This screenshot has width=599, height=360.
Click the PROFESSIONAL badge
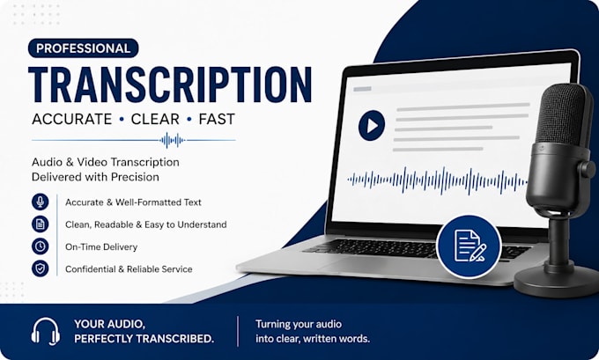pyautogui.click(x=84, y=48)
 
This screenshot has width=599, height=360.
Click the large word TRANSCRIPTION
pyautogui.click(x=170, y=84)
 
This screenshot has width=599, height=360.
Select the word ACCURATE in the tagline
pyautogui.click(x=72, y=119)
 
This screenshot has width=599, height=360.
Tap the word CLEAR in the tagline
pyautogui.click(x=155, y=119)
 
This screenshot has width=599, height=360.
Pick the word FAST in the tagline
pyautogui.click(x=217, y=119)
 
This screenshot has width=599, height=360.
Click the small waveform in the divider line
pyautogui.click(x=173, y=141)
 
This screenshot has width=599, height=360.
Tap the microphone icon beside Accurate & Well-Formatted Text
pyautogui.click(x=41, y=202)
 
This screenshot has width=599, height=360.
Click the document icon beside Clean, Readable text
pyautogui.click(x=41, y=224)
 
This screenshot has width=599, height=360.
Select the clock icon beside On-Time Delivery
pyautogui.click(x=41, y=246)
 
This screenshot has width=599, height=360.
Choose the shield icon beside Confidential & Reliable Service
pyautogui.click(x=41, y=268)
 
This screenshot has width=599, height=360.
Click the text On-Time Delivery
pyautogui.click(x=101, y=247)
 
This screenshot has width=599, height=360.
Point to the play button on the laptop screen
pyautogui.click(x=372, y=126)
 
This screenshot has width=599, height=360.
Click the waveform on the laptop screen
pyautogui.click(x=438, y=180)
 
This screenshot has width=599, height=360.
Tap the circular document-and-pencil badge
pyautogui.click(x=470, y=247)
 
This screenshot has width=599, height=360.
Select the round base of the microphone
pyautogui.click(x=557, y=282)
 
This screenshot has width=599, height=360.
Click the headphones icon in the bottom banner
pyautogui.click(x=46, y=331)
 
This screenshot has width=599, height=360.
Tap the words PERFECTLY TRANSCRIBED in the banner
pyautogui.click(x=144, y=339)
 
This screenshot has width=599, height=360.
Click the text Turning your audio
pyautogui.click(x=299, y=325)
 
